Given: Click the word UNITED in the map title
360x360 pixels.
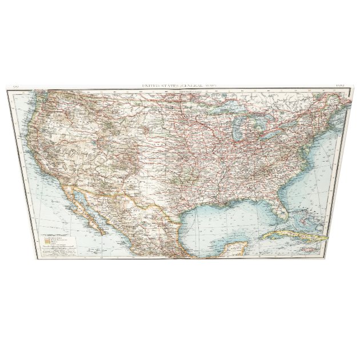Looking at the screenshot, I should point(151,86).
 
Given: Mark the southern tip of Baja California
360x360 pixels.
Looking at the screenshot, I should point(102,233).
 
